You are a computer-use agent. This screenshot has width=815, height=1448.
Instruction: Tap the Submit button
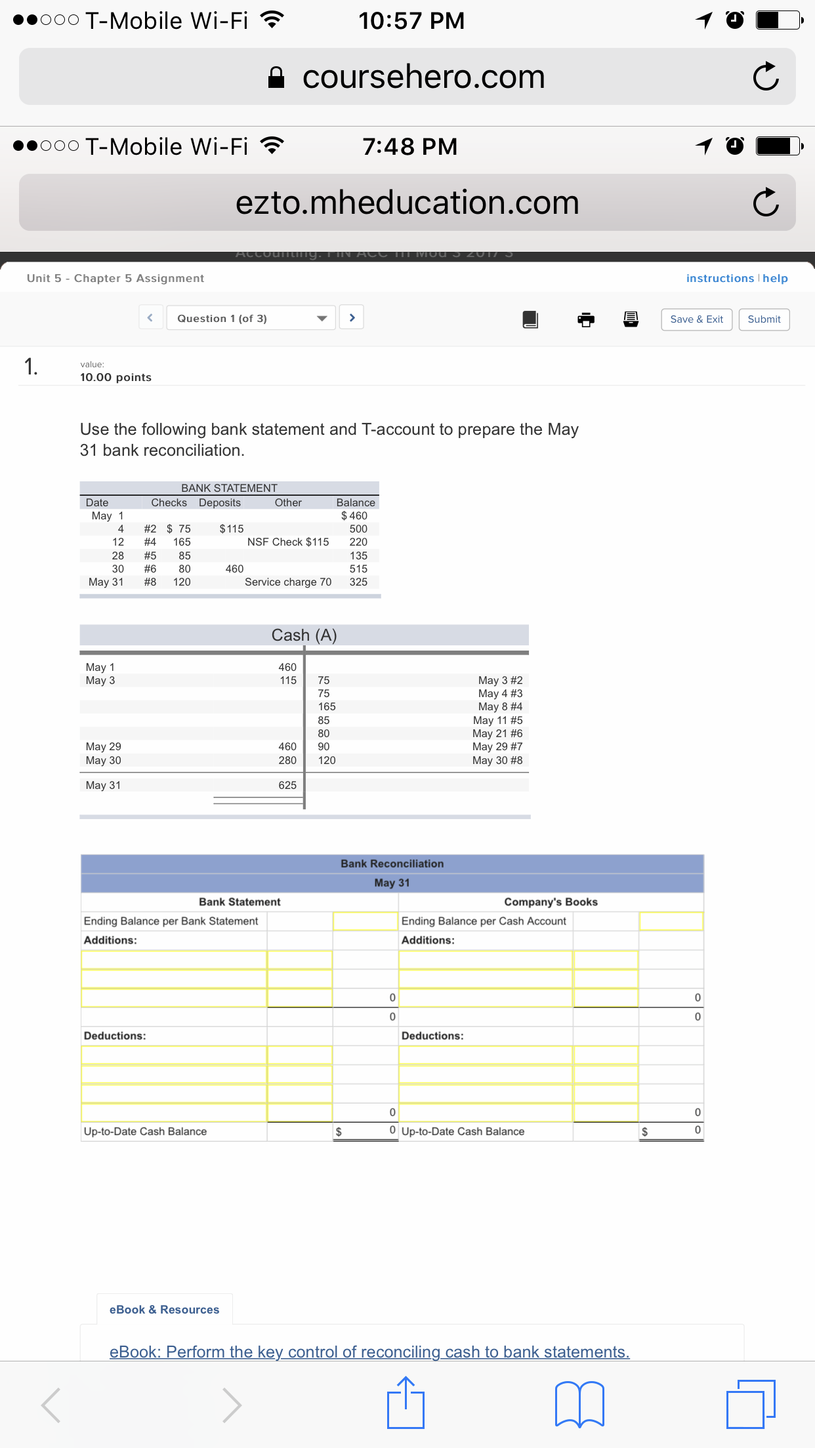pyautogui.click(x=764, y=319)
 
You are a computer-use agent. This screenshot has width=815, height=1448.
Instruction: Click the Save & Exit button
pyautogui.click(x=696, y=319)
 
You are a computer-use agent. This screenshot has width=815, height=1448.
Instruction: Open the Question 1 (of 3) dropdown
pyautogui.click(x=251, y=318)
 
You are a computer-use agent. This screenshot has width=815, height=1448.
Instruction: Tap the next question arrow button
pyautogui.click(x=352, y=318)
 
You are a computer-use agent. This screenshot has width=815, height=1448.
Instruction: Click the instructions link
pyautogui.click(x=720, y=278)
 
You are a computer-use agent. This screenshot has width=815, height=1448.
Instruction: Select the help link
pyautogui.click(x=775, y=278)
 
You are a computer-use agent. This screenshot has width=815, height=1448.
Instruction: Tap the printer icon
pyautogui.click(x=586, y=319)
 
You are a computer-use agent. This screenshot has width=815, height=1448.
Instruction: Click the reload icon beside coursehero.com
pyautogui.click(x=766, y=77)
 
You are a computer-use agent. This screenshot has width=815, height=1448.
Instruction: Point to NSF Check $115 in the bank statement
pyautogui.click(x=288, y=542)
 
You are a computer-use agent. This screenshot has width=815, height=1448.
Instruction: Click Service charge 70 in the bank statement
pyautogui.click(x=288, y=582)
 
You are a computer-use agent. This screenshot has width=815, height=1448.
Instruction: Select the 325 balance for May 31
pyautogui.click(x=358, y=582)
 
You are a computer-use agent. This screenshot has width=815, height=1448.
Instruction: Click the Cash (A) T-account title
pyautogui.click(x=304, y=635)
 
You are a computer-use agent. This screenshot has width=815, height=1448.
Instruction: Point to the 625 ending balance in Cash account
pyautogui.click(x=287, y=785)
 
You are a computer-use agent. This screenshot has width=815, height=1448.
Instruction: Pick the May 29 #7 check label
pyautogui.click(x=497, y=746)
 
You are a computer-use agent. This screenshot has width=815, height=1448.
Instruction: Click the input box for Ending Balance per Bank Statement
pyautogui.click(x=366, y=921)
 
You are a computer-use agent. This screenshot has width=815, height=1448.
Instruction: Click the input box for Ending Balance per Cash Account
pyautogui.click(x=671, y=921)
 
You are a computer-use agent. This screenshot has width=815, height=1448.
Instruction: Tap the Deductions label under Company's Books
pyautogui.click(x=432, y=1036)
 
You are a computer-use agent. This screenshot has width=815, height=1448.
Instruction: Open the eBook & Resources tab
pyautogui.click(x=164, y=1309)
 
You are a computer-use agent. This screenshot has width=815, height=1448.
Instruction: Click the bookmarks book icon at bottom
pyautogui.click(x=579, y=1404)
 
